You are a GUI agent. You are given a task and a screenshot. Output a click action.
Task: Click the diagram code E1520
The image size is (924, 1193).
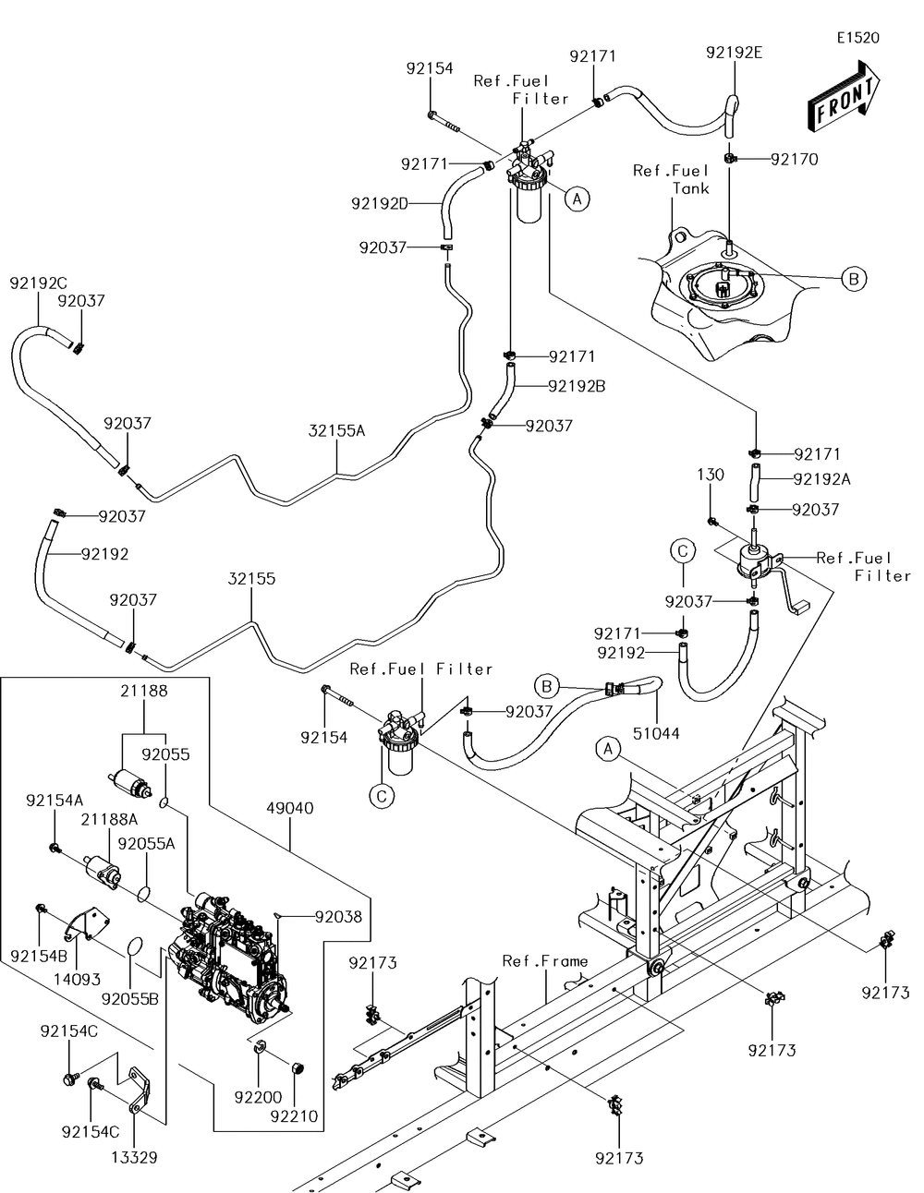coord(858,38)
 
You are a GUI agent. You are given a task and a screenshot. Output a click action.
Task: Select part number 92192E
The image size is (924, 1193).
coord(734,53)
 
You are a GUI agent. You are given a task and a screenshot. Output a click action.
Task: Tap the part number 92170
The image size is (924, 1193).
coord(795,159)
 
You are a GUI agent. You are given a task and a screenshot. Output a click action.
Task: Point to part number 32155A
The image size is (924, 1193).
coord(337,429)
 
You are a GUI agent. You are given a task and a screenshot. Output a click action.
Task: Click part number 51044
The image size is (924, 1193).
coord(656,733)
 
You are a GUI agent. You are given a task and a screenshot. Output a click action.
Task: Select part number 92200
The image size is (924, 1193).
coord(256,1097)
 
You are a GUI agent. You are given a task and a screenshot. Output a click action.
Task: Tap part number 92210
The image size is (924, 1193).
coord(295,1116)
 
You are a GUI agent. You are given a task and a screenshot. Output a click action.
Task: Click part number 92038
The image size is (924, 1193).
coord(338,917)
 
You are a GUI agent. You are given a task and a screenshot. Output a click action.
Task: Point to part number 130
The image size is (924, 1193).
coord(710,475)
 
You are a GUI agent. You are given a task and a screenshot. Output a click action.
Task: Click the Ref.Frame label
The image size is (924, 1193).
coord(545,961)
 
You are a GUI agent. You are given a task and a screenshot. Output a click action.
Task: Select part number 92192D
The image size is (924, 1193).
coord(379,203)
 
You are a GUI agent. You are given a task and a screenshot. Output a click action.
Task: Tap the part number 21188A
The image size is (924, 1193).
coord(109,818)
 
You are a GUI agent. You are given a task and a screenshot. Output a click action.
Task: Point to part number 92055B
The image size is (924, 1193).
coord(129,998)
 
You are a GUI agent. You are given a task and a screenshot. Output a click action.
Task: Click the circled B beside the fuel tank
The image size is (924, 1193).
coord(853,278)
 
